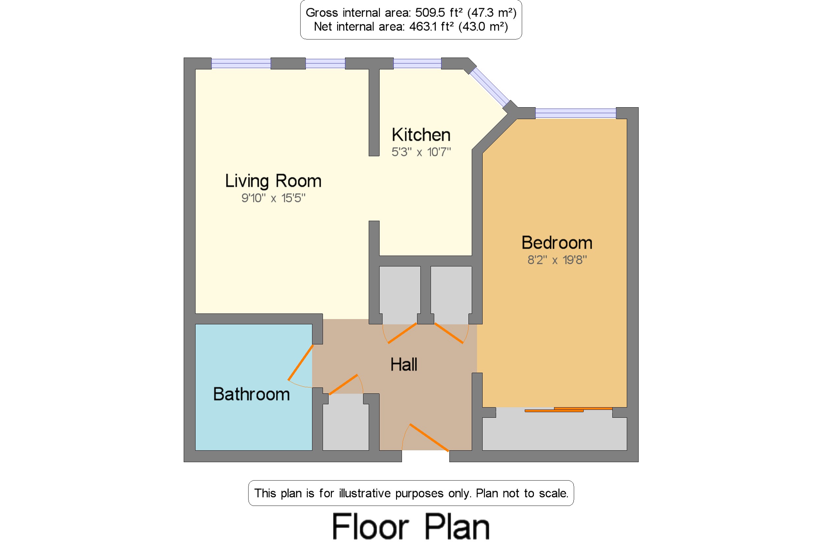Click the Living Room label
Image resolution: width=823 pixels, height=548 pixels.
(273, 181)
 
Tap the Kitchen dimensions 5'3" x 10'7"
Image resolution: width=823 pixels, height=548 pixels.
(421, 152)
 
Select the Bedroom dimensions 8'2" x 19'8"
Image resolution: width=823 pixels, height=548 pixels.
(557, 260)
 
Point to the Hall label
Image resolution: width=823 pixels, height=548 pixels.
(404, 364)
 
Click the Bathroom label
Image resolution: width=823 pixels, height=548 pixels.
(251, 394)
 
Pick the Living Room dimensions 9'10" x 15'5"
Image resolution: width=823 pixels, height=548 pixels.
(273, 198)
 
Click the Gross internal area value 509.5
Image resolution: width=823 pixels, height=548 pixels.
(430, 12)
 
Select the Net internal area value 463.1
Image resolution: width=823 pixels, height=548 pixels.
(424, 27)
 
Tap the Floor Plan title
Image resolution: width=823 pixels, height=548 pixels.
(411, 527)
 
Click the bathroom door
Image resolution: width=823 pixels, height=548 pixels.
(300, 362)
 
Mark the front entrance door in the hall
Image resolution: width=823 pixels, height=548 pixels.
(429, 437)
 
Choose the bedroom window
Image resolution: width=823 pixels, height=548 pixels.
(575, 113)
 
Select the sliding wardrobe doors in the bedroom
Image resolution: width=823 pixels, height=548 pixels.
(569, 410)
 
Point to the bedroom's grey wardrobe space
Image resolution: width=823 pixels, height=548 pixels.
(554, 432)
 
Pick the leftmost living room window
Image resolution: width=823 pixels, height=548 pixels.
(241, 63)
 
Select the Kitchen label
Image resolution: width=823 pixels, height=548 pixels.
(421, 135)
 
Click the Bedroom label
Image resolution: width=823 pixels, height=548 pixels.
(557, 243)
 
